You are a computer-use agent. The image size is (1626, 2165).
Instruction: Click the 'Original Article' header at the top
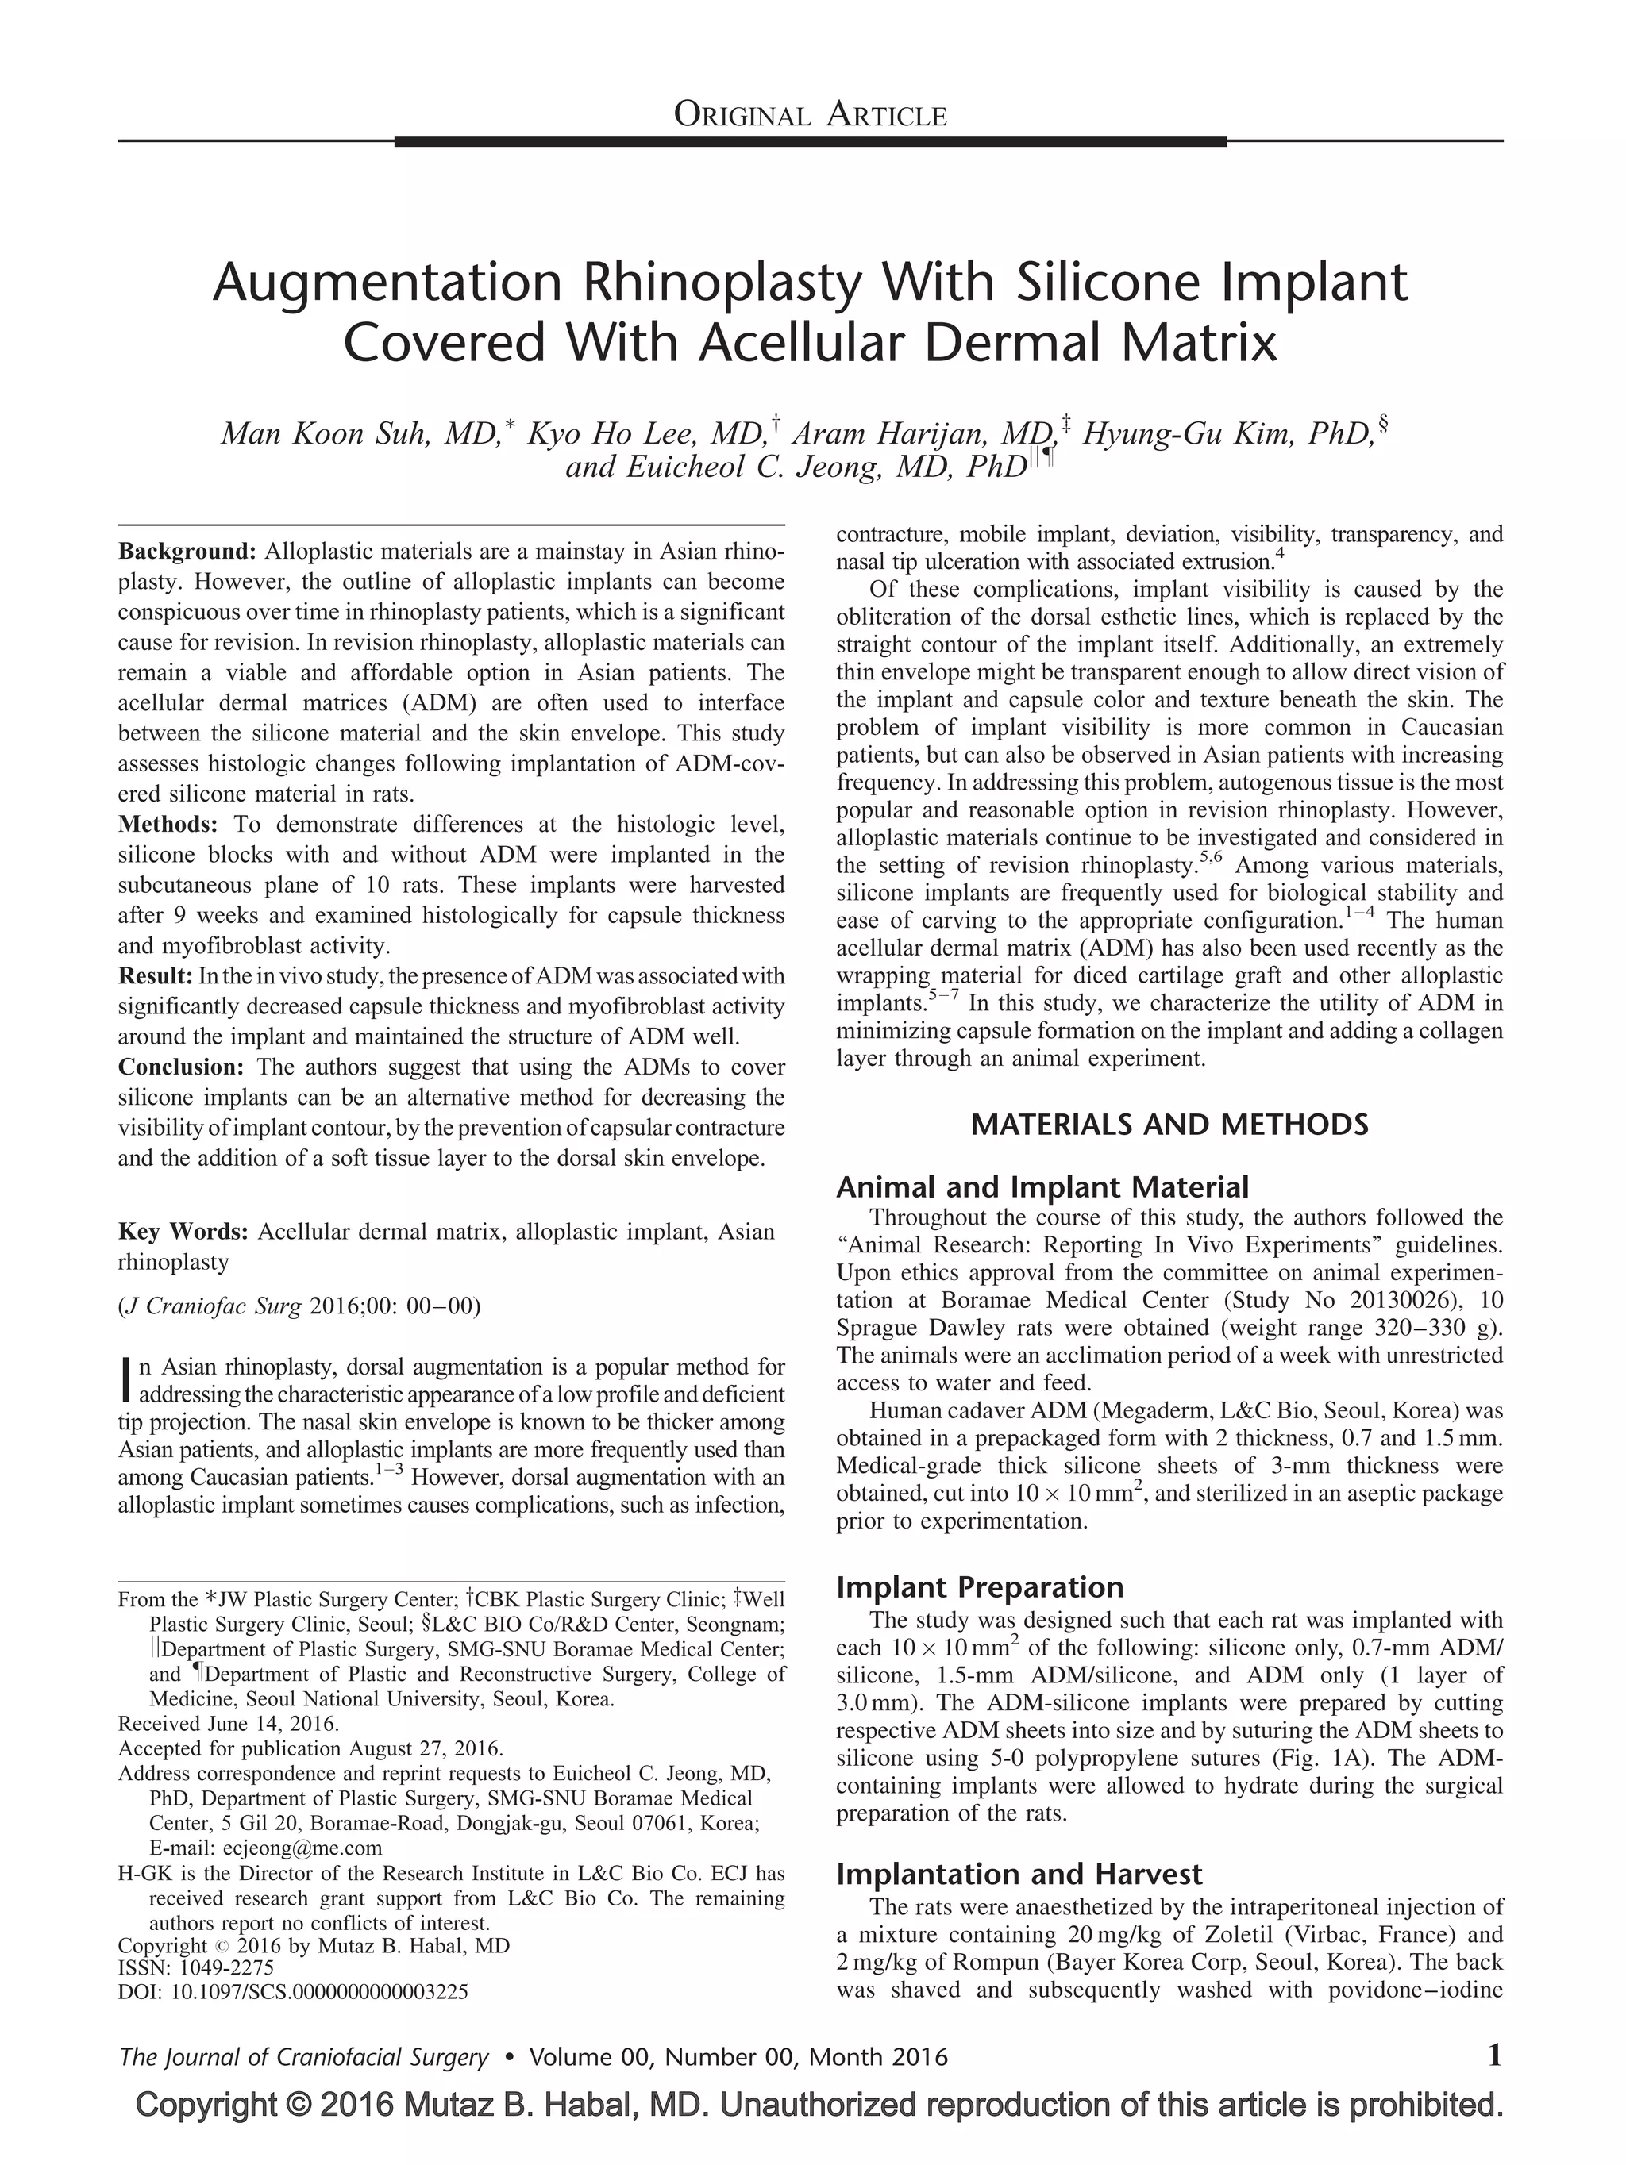click(x=810, y=116)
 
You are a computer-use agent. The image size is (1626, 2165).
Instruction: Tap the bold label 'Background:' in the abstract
click(x=187, y=551)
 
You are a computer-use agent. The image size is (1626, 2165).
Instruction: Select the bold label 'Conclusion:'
click(x=180, y=1067)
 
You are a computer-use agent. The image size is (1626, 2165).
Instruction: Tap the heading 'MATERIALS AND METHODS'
click(x=1169, y=1125)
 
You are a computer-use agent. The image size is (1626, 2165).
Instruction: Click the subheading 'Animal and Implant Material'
click(x=1042, y=1187)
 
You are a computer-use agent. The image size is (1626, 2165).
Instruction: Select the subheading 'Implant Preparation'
click(x=979, y=1587)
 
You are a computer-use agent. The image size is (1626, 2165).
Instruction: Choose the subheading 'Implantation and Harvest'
click(x=1018, y=1875)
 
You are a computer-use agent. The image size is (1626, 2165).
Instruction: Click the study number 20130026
click(x=1384, y=1300)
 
